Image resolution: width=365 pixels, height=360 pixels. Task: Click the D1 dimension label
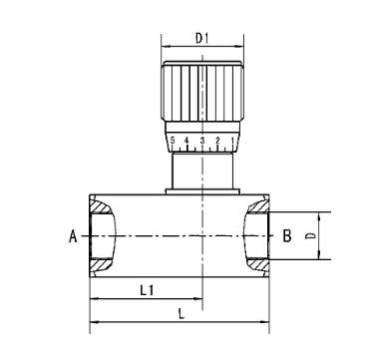pos(201,39)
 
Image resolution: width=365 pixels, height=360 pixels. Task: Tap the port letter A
pos(73,237)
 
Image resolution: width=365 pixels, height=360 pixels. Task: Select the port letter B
pos(287,236)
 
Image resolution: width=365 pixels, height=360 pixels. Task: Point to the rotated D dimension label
pos(311,235)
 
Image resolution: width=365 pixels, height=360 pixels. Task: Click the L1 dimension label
pos(147,291)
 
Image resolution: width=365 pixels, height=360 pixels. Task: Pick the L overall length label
pos(181,314)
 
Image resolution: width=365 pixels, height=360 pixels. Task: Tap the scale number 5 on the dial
pos(173,141)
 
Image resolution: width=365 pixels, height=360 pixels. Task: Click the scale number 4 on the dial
pos(186,141)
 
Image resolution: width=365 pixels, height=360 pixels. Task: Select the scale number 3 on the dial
pos(202,141)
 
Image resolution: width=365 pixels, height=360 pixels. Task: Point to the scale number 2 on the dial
pos(217,141)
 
